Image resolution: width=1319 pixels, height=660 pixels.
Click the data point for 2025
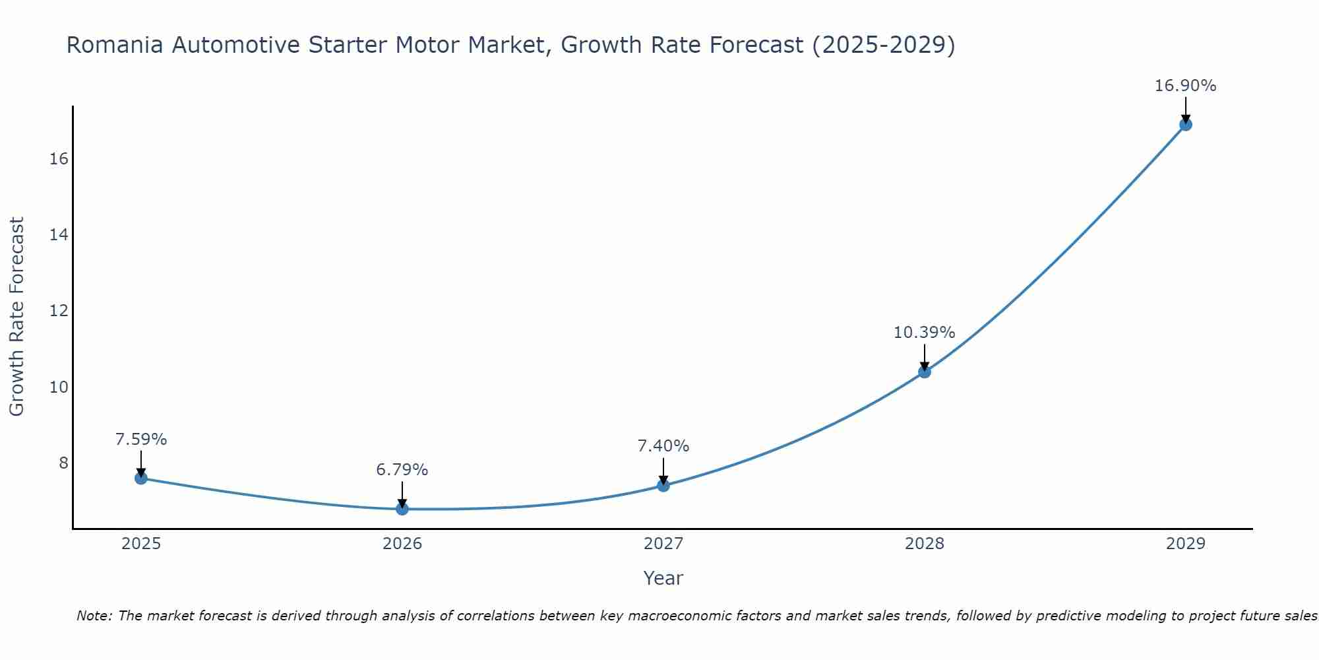[141, 478]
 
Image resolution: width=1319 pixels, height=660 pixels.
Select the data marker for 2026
[402, 509]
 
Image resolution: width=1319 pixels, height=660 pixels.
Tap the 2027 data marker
[663, 486]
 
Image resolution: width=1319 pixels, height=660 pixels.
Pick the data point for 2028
[925, 372]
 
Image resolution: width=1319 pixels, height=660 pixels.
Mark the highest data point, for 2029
[1186, 124]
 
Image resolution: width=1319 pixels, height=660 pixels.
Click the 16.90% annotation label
[1185, 86]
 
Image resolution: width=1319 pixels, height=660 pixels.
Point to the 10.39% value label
[924, 333]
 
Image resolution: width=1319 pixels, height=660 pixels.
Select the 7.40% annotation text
[663, 446]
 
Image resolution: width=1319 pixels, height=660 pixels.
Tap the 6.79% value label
[402, 470]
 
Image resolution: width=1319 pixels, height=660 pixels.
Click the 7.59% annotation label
[141, 440]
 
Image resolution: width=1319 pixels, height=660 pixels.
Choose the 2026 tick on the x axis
[402, 544]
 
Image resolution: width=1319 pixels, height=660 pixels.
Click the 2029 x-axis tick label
[1186, 544]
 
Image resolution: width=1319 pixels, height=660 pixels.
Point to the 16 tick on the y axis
[59, 159]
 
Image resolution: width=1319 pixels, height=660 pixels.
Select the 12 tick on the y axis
[59, 311]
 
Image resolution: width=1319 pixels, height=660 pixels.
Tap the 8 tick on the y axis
[63, 463]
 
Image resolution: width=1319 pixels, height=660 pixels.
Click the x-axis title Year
[663, 578]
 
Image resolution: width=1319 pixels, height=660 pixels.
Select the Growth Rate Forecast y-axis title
[17, 317]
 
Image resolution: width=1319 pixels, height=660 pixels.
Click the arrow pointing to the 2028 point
[925, 356]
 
